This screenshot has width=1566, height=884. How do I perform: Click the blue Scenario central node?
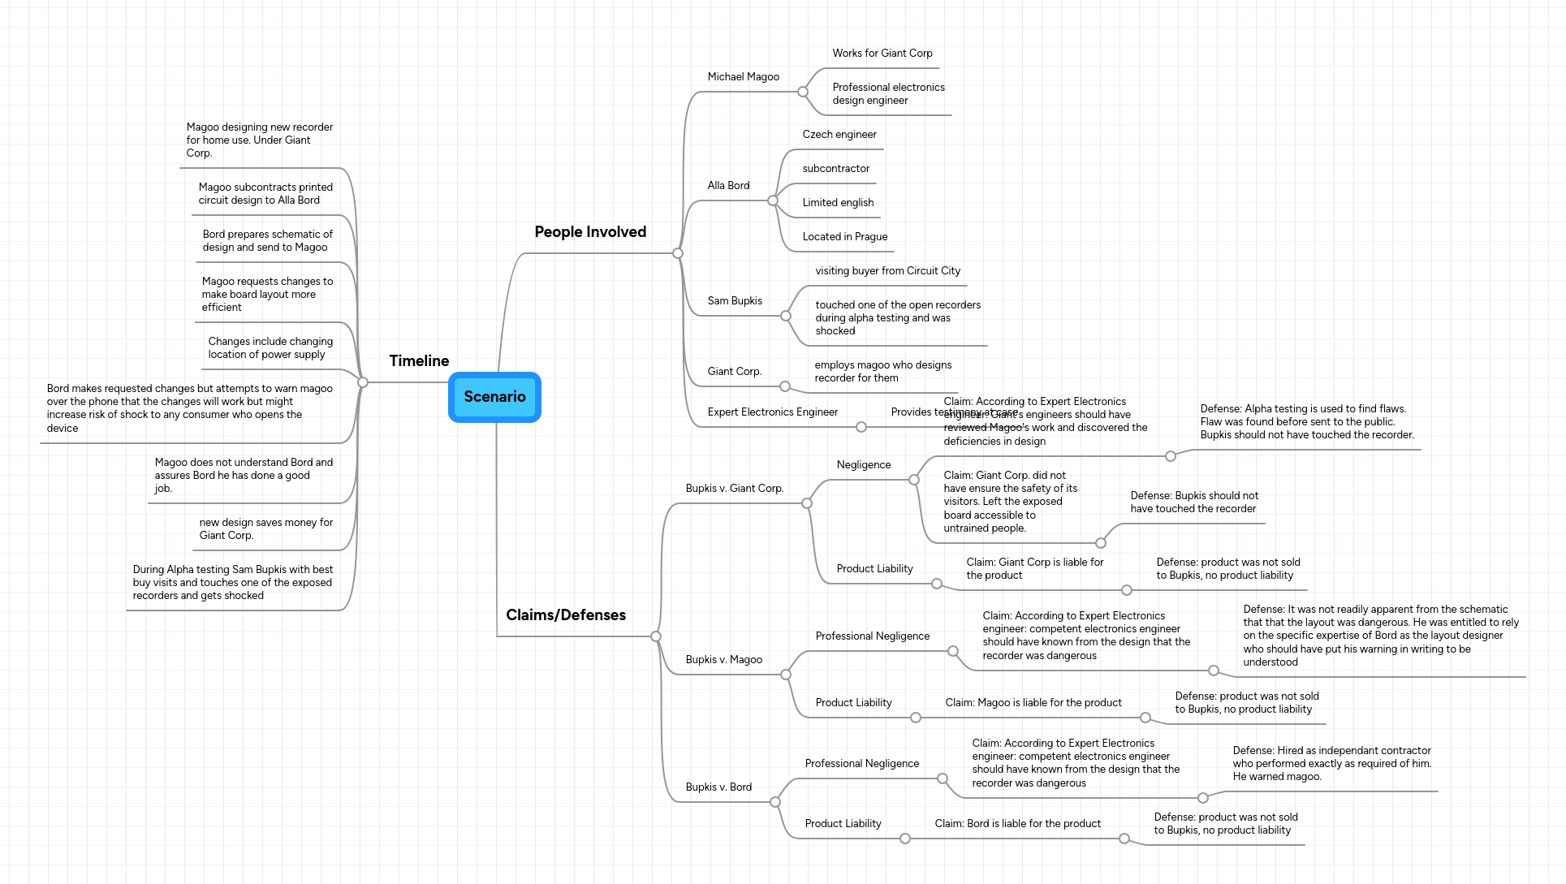point(494,397)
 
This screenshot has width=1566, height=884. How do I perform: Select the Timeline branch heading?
point(419,361)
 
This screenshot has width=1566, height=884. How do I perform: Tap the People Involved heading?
point(590,232)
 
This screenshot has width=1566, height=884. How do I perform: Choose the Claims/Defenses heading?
point(566,615)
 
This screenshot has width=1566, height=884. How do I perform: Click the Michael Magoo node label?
point(743,77)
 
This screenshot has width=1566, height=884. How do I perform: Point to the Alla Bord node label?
point(728,186)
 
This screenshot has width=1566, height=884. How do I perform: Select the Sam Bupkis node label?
point(735,301)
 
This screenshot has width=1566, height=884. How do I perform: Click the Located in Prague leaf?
point(844,237)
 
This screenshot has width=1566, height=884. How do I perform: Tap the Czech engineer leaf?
point(839,135)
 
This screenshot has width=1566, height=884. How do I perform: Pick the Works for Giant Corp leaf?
point(882,54)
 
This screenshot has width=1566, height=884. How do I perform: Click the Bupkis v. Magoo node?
point(723,660)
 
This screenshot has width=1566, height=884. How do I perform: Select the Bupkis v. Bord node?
point(718,787)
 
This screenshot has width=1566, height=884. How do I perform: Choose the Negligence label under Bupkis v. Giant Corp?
point(863,465)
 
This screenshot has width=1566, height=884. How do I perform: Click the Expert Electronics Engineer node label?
point(772,412)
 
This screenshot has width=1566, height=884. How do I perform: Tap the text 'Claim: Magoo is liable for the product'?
point(1033,703)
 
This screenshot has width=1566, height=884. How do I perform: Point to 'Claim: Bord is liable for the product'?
point(1017,824)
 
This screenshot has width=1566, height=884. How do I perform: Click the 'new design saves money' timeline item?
point(265,529)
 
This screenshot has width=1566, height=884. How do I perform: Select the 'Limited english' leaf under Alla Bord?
point(838,203)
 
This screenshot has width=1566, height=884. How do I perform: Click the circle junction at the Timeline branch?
point(363,382)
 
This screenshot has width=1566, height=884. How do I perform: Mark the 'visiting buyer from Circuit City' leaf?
point(887,271)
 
